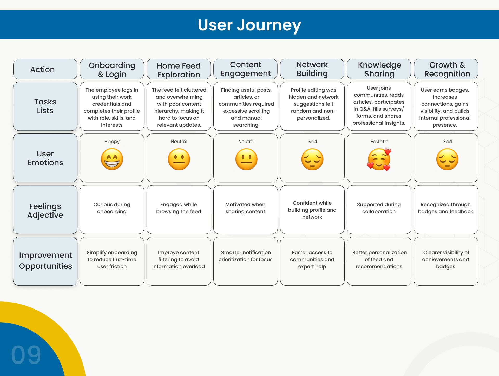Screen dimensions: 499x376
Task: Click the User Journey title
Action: pos(249,25)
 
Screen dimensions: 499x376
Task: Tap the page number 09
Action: pos(26,355)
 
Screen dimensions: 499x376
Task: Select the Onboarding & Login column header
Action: pos(112,69)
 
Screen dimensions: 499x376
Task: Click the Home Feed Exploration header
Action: pos(179,70)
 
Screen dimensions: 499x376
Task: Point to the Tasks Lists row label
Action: pos(45,106)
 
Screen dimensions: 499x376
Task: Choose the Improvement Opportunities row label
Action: pos(45,261)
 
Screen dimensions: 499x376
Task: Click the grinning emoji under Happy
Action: pos(112,159)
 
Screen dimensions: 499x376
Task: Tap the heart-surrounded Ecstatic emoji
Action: pos(379,159)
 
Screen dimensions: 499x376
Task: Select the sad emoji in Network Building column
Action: pos(312,159)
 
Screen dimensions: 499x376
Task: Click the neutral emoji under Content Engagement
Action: pos(246,159)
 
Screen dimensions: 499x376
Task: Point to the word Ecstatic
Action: pos(379,142)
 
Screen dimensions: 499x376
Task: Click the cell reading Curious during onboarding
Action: pos(112,208)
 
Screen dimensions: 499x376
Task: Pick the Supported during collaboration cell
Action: pos(379,208)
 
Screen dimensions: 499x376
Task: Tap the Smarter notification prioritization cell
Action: pos(245,256)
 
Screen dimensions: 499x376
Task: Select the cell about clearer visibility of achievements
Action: pos(446,259)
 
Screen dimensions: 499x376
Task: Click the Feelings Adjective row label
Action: pos(45,210)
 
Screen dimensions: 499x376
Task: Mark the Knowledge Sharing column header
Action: pos(379,69)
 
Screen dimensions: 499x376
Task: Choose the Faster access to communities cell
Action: pos(312,259)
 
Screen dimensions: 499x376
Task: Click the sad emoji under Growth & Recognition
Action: pos(447,159)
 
